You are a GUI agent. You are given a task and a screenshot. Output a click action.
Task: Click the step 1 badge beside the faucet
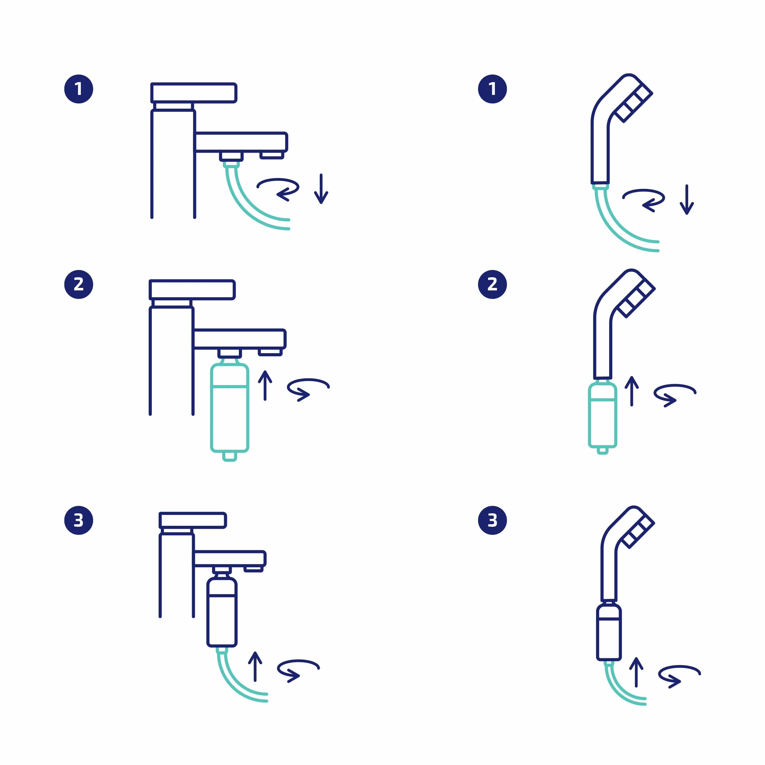(79, 89)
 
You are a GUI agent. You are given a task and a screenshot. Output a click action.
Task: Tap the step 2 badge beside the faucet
(79, 284)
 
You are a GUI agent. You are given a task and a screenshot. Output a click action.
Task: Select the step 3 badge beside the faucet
(79, 520)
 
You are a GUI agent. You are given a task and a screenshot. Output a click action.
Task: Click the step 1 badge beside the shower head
(492, 89)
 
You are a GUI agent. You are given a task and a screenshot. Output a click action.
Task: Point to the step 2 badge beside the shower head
(492, 284)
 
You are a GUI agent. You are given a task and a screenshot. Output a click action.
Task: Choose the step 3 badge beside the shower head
(492, 520)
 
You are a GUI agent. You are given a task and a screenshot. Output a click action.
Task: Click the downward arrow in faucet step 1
(321, 189)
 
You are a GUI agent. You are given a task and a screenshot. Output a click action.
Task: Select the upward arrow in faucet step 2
(265, 385)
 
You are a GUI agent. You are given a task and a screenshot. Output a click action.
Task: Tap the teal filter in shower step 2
(603, 416)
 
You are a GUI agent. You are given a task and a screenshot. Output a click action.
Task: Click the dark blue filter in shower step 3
(609, 631)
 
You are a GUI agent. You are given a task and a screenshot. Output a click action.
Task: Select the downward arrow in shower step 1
(687, 200)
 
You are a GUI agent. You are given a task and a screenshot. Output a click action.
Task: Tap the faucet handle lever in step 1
(194, 93)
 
